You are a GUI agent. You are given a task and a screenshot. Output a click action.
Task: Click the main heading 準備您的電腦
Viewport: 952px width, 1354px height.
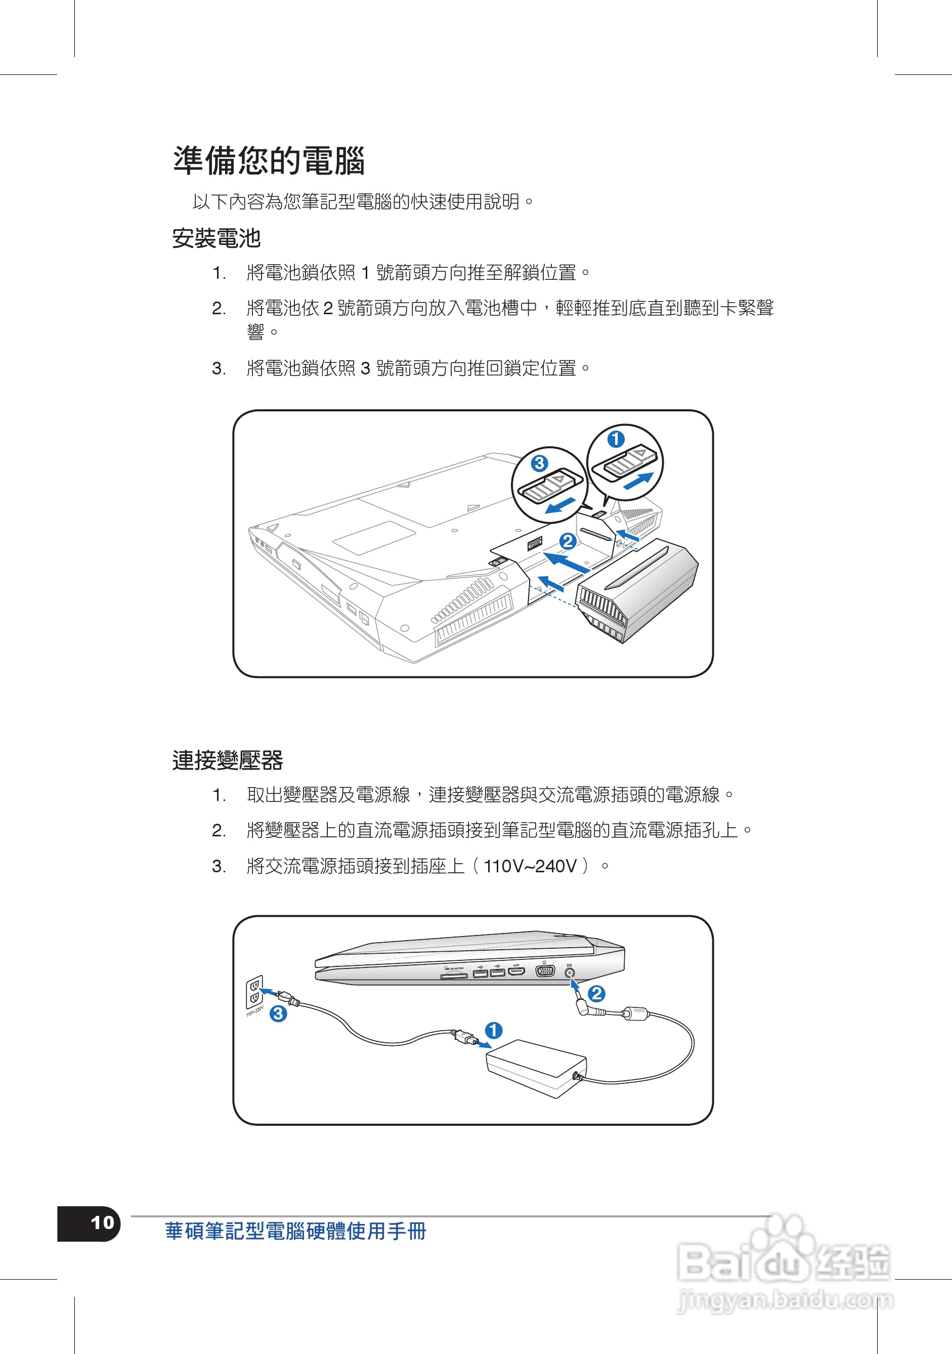coord(269,161)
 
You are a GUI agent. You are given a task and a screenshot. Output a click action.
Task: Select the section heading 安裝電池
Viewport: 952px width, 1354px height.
coord(216,238)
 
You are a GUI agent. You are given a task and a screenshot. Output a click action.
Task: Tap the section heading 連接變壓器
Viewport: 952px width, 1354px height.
coord(227,760)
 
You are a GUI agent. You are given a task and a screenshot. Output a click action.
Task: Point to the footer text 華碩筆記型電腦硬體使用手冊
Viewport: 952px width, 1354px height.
coord(295,1232)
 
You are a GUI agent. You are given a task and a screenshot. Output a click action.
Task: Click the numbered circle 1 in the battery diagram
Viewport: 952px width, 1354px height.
coord(616,439)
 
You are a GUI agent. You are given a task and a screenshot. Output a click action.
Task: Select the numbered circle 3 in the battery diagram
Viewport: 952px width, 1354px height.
coord(539,463)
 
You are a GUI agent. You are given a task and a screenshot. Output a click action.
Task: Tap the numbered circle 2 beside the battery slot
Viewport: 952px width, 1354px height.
coord(567,541)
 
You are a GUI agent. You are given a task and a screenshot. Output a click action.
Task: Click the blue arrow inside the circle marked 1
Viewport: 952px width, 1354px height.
coord(638,481)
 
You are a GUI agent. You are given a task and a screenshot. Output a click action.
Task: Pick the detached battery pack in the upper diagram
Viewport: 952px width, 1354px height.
coord(637,590)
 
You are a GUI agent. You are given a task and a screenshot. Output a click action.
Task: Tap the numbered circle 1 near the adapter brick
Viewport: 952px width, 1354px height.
coord(493,1030)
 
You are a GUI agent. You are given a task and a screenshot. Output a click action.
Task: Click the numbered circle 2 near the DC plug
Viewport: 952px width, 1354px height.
coord(596,994)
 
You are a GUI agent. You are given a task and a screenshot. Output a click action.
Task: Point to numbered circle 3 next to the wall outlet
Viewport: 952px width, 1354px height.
coord(278,1014)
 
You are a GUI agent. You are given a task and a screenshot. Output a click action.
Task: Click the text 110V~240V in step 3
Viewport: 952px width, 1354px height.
coord(529,866)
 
